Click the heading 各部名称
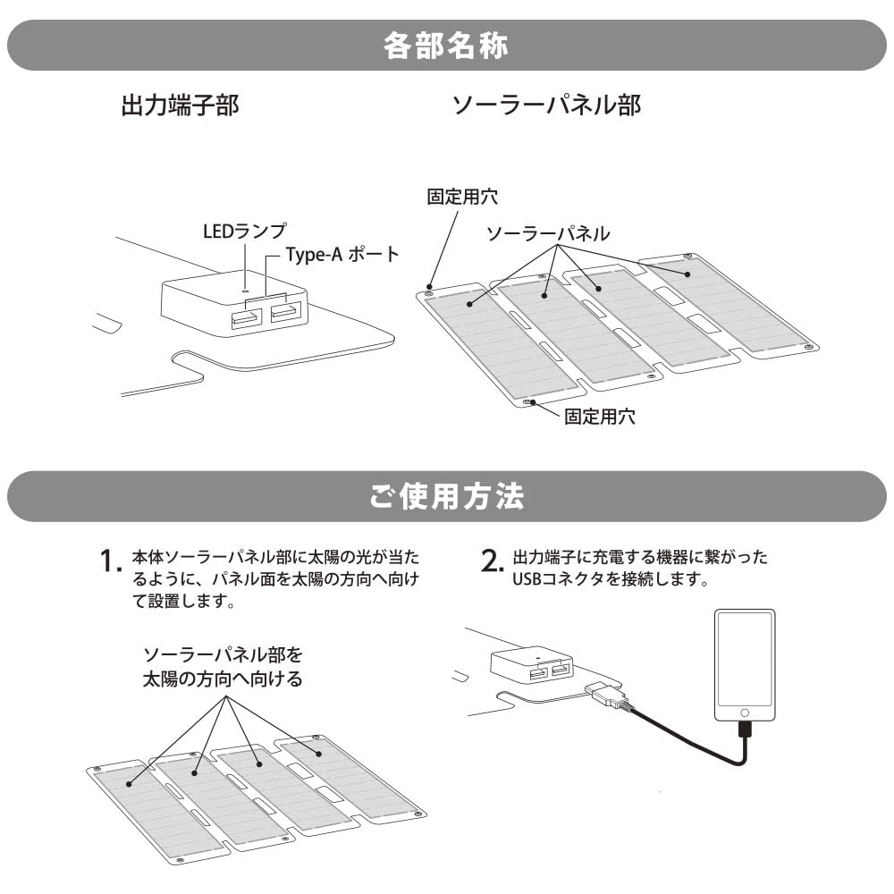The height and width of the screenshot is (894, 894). pyautogui.click(x=446, y=46)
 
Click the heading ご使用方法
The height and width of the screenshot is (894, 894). pyautogui.click(x=446, y=497)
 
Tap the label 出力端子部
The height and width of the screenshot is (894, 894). pyautogui.click(x=180, y=105)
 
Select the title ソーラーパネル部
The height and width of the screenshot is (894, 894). pyautogui.click(x=546, y=105)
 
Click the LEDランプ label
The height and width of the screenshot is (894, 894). pyautogui.click(x=244, y=232)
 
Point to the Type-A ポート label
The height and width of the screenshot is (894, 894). pyautogui.click(x=342, y=254)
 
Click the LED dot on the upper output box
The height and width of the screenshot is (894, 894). pyautogui.click(x=245, y=289)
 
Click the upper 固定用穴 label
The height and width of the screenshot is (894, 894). pyautogui.click(x=461, y=196)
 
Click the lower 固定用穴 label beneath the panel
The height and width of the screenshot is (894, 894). pyautogui.click(x=600, y=417)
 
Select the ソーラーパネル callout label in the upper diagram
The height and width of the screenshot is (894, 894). pyautogui.click(x=548, y=233)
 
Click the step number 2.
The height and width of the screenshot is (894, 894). pyautogui.click(x=491, y=561)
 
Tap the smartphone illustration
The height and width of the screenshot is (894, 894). pyautogui.click(x=745, y=666)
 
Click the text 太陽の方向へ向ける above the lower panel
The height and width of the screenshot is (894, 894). pyautogui.click(x=223, y=679)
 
